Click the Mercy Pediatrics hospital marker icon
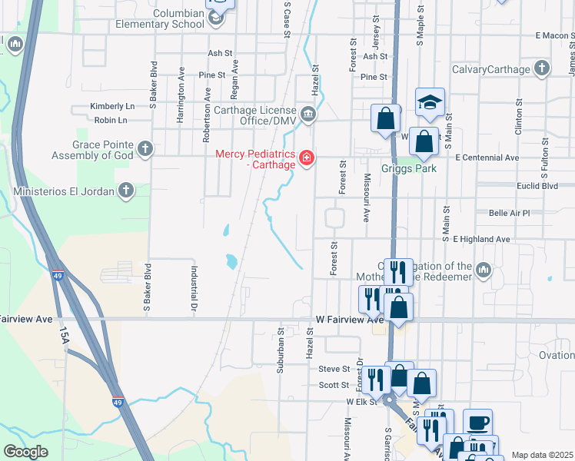pyautogui.click(x=307, y=158)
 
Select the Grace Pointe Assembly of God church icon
pyautogui.click(x=144, y=149)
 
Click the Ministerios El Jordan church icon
pyautogui.click(x=126, y=191)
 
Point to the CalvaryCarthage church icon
pyautogui.click(x=542, y=69)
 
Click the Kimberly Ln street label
pyautogui.click(x=112, y=106)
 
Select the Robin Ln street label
pyautogui.click(x=111, y=121)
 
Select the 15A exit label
pyautogui.click(x=63, y=337)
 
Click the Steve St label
pyautogui.click(x=334, y=370)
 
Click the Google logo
pyautogui.click(x=25, y=451)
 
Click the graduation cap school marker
pyautogui.click(x=430, y=101)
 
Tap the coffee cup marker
pyautogui.click(x=477, y=423)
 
